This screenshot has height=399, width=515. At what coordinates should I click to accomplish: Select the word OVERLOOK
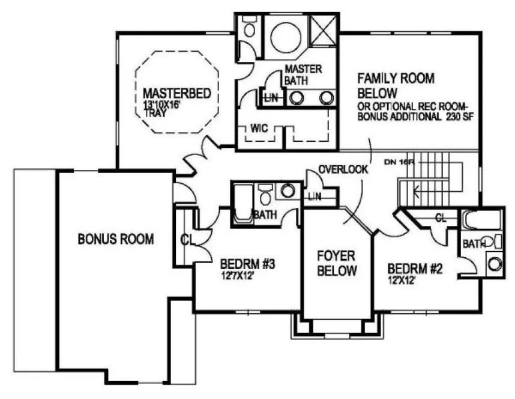pyautogui.click(x=343, y=170)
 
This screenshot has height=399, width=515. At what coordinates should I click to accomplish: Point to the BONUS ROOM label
pyautogui.click(x=116, y=239)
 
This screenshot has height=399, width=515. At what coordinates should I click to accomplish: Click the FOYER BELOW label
pyautogui.click(x=337, y=262)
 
